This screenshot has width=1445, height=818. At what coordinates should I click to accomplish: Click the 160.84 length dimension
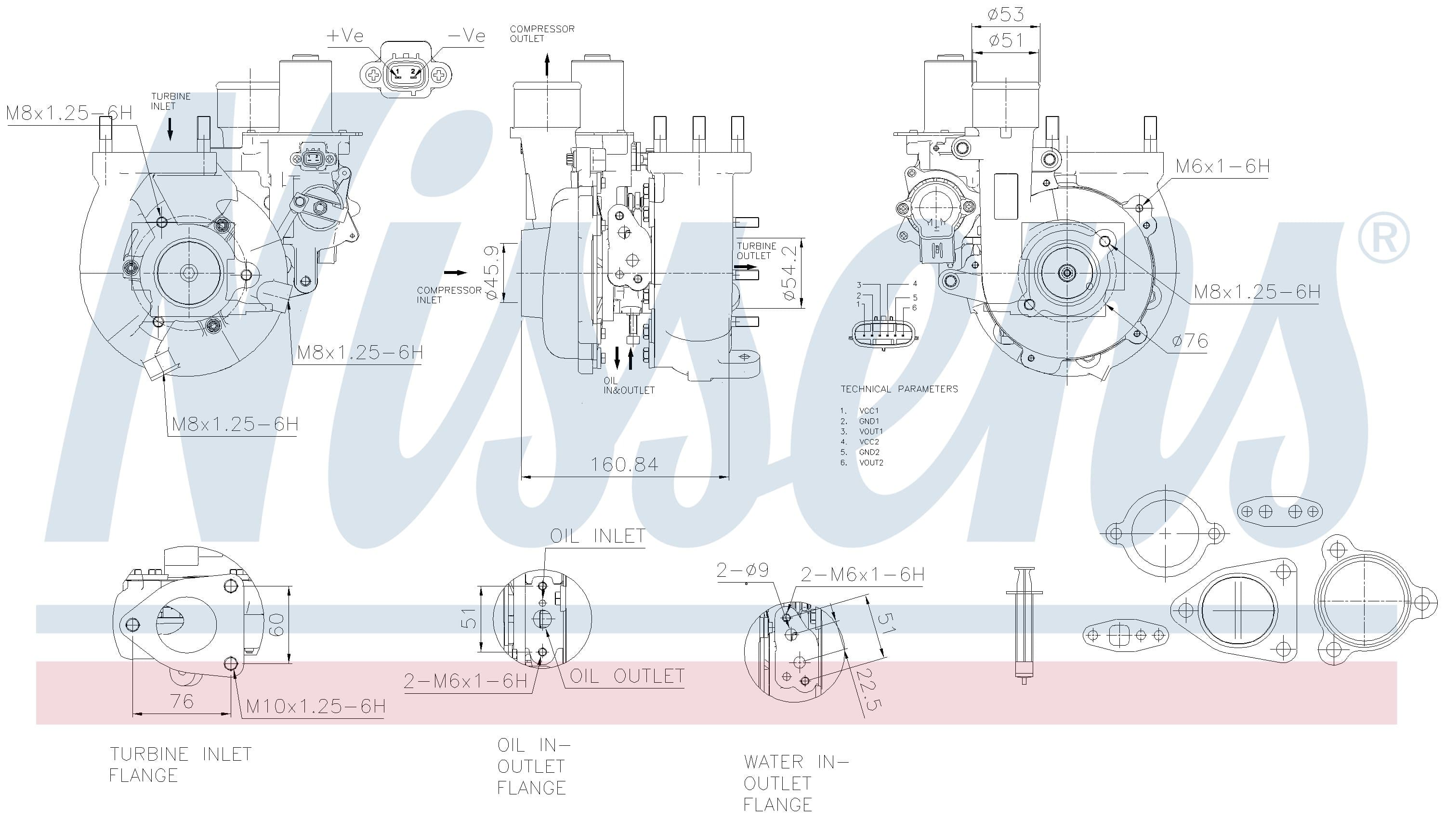pos(624,464)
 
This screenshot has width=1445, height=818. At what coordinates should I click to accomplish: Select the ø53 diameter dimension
pos(1006,14)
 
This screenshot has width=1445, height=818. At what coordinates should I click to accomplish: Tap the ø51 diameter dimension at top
pos(1006,40)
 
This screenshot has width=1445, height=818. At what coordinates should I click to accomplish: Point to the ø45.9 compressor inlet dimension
pos(491,273)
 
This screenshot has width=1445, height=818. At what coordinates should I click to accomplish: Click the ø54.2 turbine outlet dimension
pos(789,273)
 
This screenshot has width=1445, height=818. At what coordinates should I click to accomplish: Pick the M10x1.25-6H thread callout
pos(316,706)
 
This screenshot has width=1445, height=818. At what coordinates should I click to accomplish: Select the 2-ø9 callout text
pos(742,570)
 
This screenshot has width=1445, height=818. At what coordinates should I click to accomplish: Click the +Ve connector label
pos(345,36)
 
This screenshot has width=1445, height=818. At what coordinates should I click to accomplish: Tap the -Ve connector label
pos(466,36)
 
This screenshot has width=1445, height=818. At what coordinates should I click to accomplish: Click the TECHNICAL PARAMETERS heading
pos(899,389)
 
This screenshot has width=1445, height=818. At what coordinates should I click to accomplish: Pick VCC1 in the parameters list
pos(869,411)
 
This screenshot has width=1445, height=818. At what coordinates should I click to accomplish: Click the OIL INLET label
pos(597,536)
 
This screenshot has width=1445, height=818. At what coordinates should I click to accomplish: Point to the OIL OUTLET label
pos(627,676)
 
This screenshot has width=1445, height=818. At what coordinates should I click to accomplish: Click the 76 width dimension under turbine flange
pos(182,701)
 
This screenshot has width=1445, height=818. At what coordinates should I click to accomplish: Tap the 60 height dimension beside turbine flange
pos(276,624)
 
